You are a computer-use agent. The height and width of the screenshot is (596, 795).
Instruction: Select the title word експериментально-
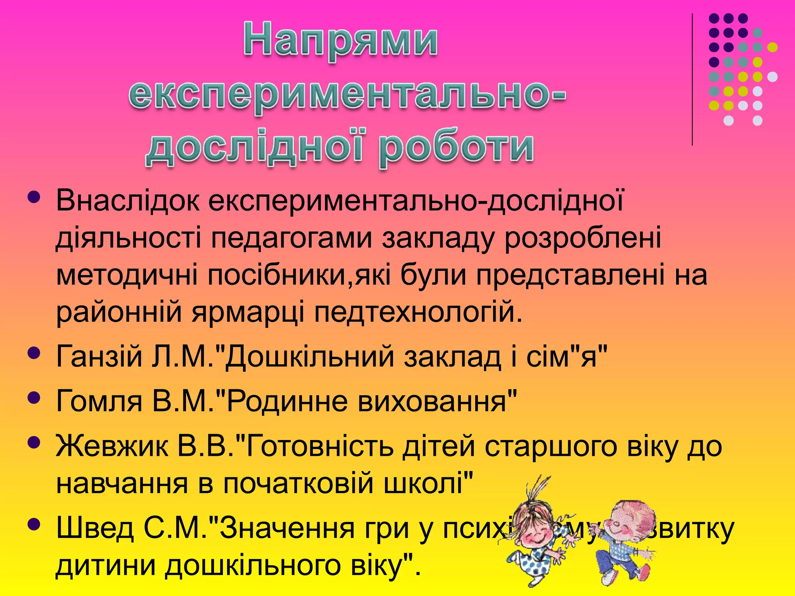point(347,94)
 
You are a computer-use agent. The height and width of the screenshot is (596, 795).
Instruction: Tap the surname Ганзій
point(99,356)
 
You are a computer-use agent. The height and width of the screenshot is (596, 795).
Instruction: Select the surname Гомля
point(99,401)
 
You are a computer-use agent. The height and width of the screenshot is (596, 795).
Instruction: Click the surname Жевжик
point(113,446)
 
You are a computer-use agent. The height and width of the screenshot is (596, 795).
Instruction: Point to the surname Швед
point(95,528)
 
